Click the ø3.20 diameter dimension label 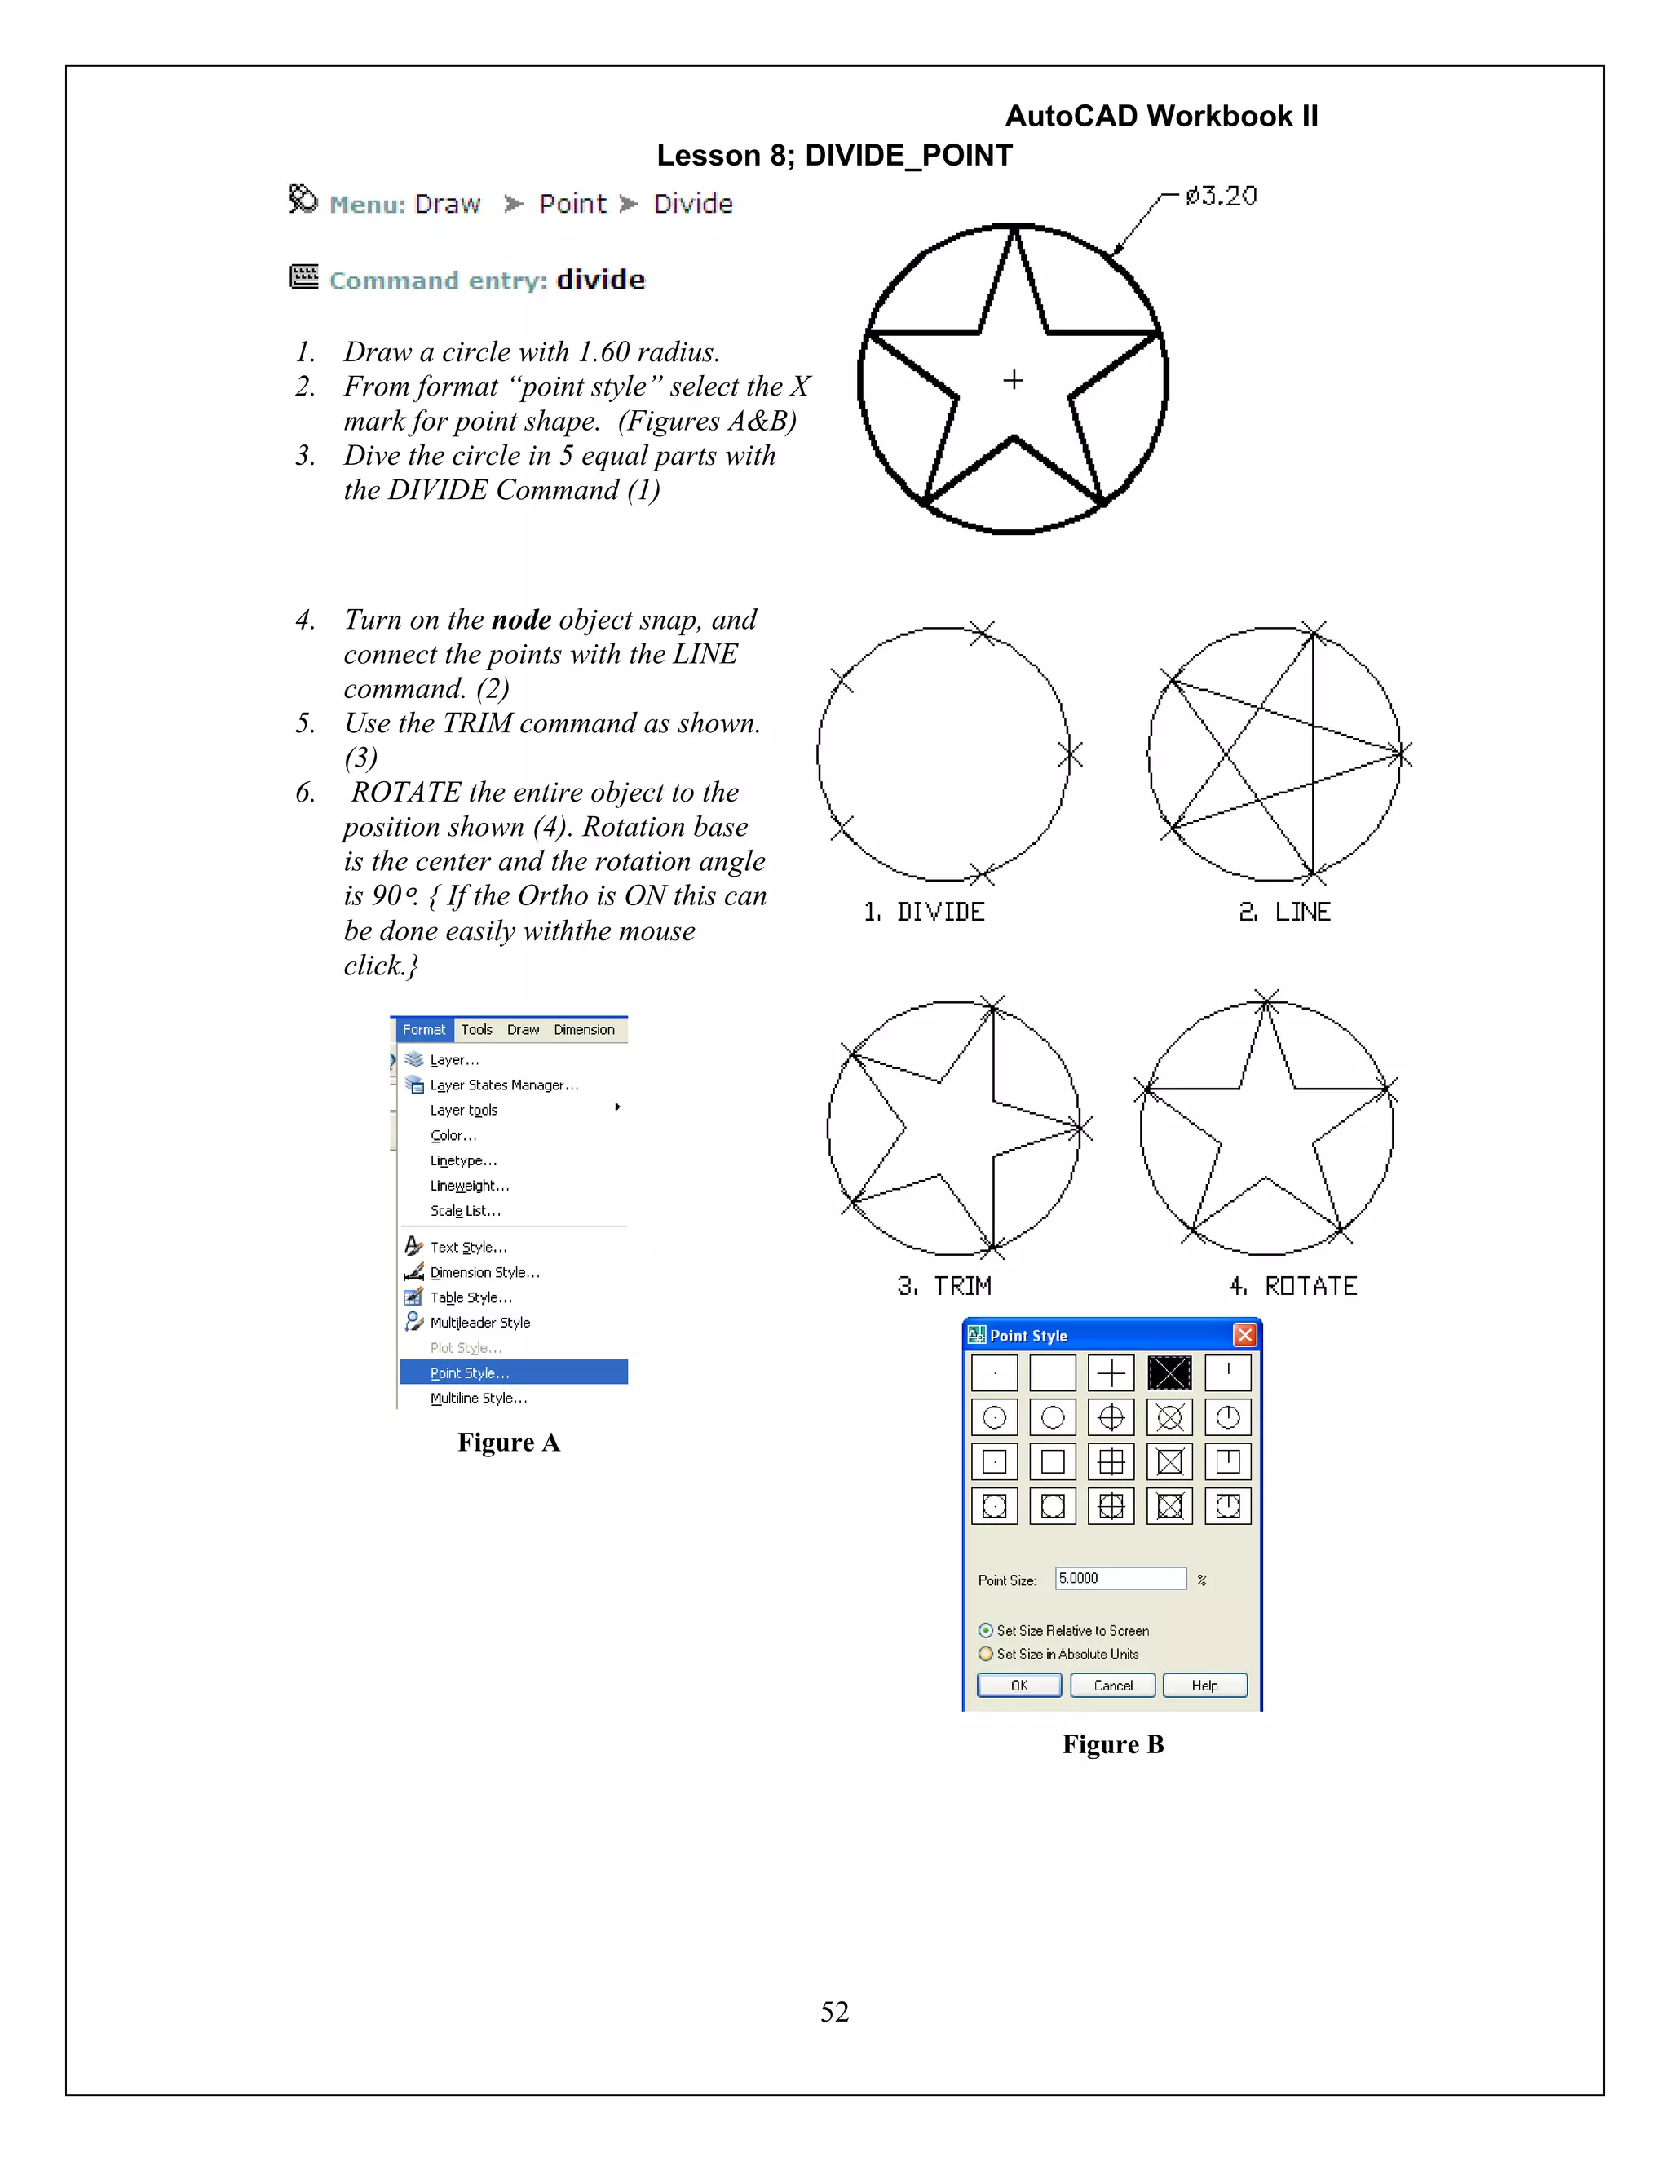click(x=1221, y=196)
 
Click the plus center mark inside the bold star click(x=1013, y=380)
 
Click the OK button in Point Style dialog click(x=1019, y=1685)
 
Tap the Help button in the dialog click(x=1204, y=1685)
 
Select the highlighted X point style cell click(x=1169, y=1373)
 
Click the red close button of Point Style click(x=1244, y=1335)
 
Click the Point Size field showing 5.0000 click(x=1120, y=1578)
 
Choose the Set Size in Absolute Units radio click(x=985, y=1654)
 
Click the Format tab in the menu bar click(x=423, y=1030)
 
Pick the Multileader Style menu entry click(x=479, y=1322)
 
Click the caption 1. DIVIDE click(x=924, y=913)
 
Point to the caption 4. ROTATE click(x=1293, y=1286)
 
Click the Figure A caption click(x=509, y=1443)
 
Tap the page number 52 click(x=834, y=2012)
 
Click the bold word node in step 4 click(x=520, y=621)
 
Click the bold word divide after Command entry click(x=600, y=280)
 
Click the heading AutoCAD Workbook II click(x=1161, y=117)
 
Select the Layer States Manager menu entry click(x=504, y=1085)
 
